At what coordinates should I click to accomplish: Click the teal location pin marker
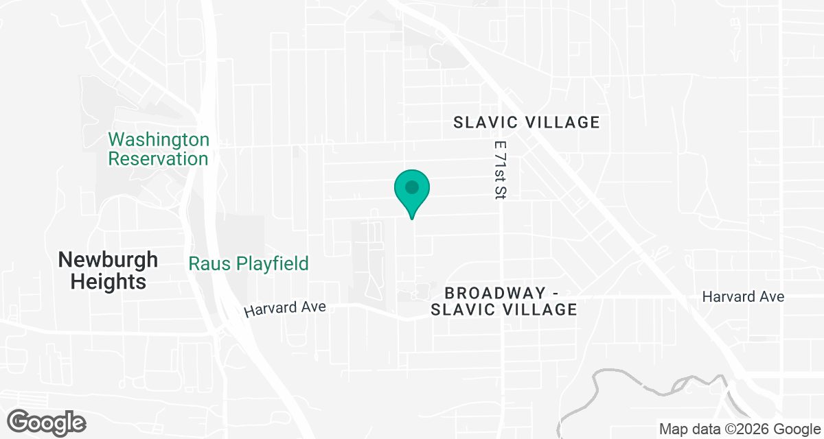(411, 192)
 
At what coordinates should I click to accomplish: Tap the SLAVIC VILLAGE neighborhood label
(527, 123)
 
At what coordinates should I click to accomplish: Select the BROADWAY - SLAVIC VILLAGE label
(503, 301)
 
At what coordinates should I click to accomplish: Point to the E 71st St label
(499, 171)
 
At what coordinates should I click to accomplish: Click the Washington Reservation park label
(159, 149)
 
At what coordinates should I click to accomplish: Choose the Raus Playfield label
(249, 263)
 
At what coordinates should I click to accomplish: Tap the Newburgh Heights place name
(108, 270)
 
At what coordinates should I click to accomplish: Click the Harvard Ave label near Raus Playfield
(284, 309)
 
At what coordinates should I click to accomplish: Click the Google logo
(47, 421)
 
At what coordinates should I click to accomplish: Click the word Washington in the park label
(159, 140)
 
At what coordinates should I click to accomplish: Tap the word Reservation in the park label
(159, 158)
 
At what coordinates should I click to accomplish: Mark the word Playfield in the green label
(271, 263)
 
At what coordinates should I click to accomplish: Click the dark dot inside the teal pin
(411, 187)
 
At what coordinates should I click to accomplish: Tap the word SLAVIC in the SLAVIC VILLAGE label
(484, 123)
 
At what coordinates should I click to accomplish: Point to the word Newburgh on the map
(108, 260)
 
